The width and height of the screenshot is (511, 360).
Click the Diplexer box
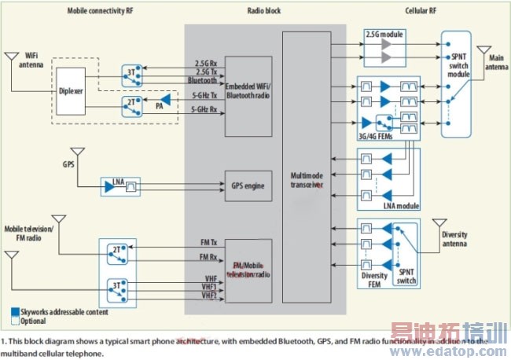coord(70,89)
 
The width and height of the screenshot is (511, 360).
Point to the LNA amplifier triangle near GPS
coord(108,186)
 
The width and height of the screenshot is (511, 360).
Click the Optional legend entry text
coord(35,320)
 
